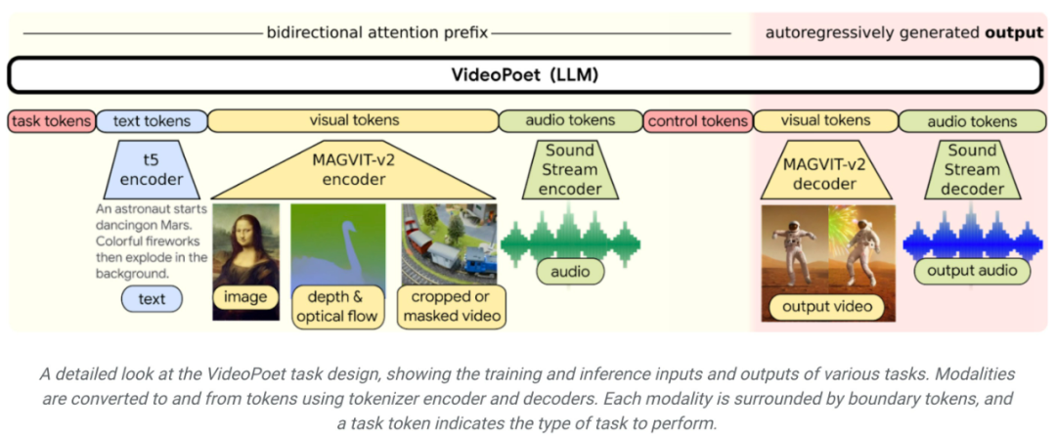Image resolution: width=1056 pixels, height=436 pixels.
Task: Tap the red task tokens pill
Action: click(52, 121)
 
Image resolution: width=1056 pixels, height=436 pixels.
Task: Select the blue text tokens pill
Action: click(152, 121)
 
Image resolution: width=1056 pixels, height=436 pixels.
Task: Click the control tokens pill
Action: click(697, 121)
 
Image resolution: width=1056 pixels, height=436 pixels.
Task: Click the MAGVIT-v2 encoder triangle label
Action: click(355, 171)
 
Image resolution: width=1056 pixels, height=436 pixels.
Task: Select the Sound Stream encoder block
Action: click(569, 168)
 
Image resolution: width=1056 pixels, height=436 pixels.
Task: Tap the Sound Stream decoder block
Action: click(971, 168)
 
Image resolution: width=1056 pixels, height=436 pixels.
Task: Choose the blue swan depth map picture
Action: click(337, 244)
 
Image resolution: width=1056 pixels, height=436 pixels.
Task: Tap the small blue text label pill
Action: click(152, 299)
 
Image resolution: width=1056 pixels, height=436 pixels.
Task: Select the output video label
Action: click(827, 307)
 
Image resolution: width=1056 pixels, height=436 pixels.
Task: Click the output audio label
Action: click(972, 271)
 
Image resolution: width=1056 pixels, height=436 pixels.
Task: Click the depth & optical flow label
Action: click(338, 306)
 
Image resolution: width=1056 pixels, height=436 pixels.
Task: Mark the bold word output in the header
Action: click(1013, 32)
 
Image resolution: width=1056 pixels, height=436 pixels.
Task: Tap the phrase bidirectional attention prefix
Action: click(377, 32)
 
